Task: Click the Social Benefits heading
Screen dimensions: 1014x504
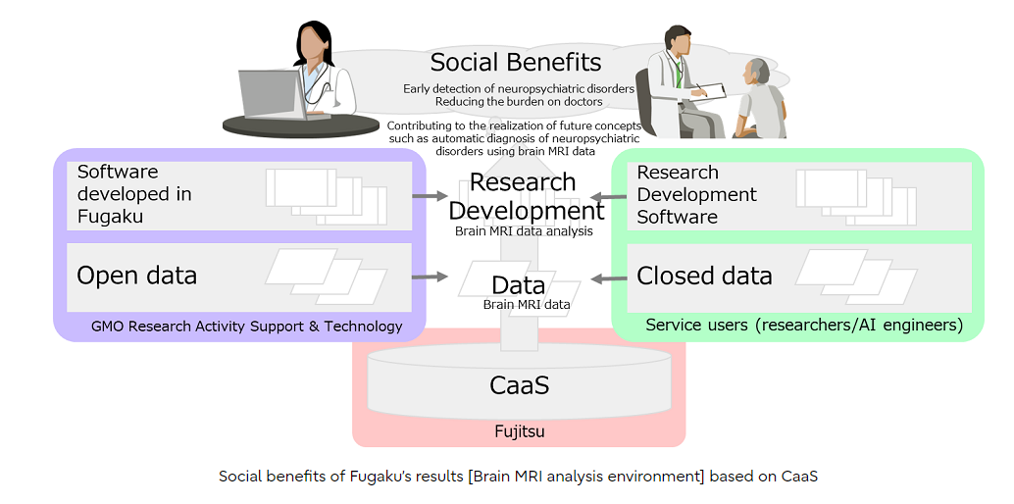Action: [516, 63]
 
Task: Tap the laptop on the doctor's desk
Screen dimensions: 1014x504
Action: [274, 95]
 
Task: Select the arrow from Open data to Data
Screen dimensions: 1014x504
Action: [431, 277]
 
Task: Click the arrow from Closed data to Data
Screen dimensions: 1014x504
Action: [609, 278]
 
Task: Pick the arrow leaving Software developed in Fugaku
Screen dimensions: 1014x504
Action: [431, 195]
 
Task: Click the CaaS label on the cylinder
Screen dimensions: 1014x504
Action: [519, 385]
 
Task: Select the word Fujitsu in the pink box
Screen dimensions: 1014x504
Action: [519, 430]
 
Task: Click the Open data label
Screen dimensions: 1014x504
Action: [136, 276]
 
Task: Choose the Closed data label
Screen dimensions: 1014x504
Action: [704, 276]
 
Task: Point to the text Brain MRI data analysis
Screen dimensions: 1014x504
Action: [524, 230]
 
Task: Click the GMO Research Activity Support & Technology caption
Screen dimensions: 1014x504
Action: [246, 327]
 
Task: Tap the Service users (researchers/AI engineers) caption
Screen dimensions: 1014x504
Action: [804, 325]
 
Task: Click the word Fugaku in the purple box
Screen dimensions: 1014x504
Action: [110, 216]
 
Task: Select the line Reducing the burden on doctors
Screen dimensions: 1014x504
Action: [519, 102]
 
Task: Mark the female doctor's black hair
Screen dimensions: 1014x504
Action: [313, 41]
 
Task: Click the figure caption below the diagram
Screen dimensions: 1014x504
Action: [519, 477]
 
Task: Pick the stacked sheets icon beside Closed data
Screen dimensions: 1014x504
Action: [856, 277]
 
